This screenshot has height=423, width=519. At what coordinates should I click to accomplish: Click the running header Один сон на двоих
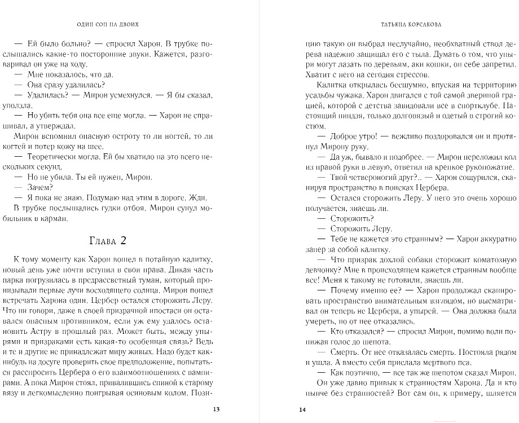point(112,25)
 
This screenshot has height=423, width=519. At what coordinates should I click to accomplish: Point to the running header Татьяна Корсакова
point(410,25)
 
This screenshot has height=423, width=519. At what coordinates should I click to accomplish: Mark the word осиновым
point(149,393)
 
